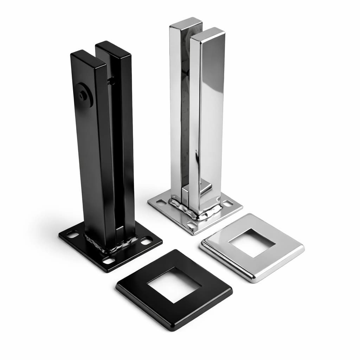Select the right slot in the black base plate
pos(146,241)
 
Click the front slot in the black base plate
pos(109,261)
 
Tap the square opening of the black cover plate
pos(174,285)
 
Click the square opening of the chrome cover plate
pos(252,243)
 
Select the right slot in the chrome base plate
pos(227,203)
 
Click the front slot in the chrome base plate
pos(192,224)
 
